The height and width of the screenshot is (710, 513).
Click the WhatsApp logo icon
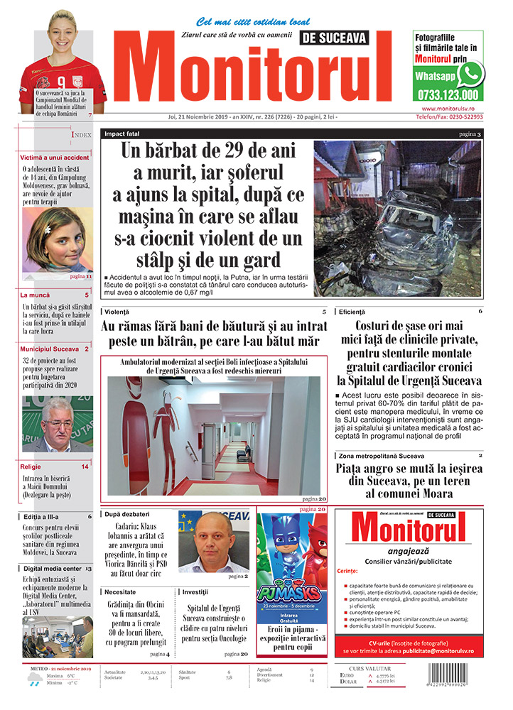pos(470,74)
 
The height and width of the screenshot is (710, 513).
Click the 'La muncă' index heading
pos(35,294)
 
